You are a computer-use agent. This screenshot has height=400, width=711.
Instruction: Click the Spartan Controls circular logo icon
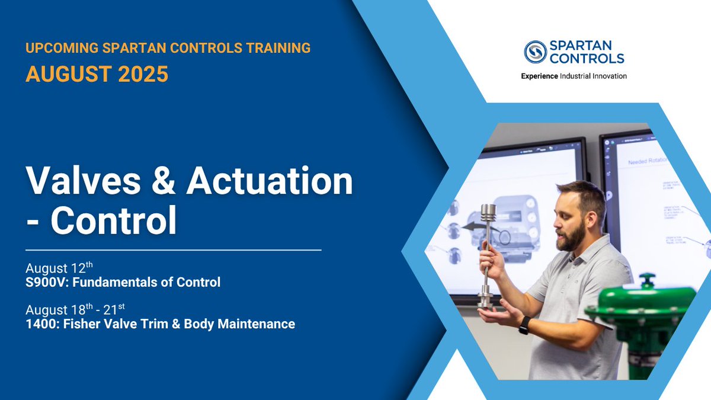[535, 52]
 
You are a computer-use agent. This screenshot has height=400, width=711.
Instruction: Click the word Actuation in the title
[270, 182]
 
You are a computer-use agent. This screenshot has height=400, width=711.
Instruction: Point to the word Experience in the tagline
[539, 76]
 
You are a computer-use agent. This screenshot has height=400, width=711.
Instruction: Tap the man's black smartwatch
[524, 325]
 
